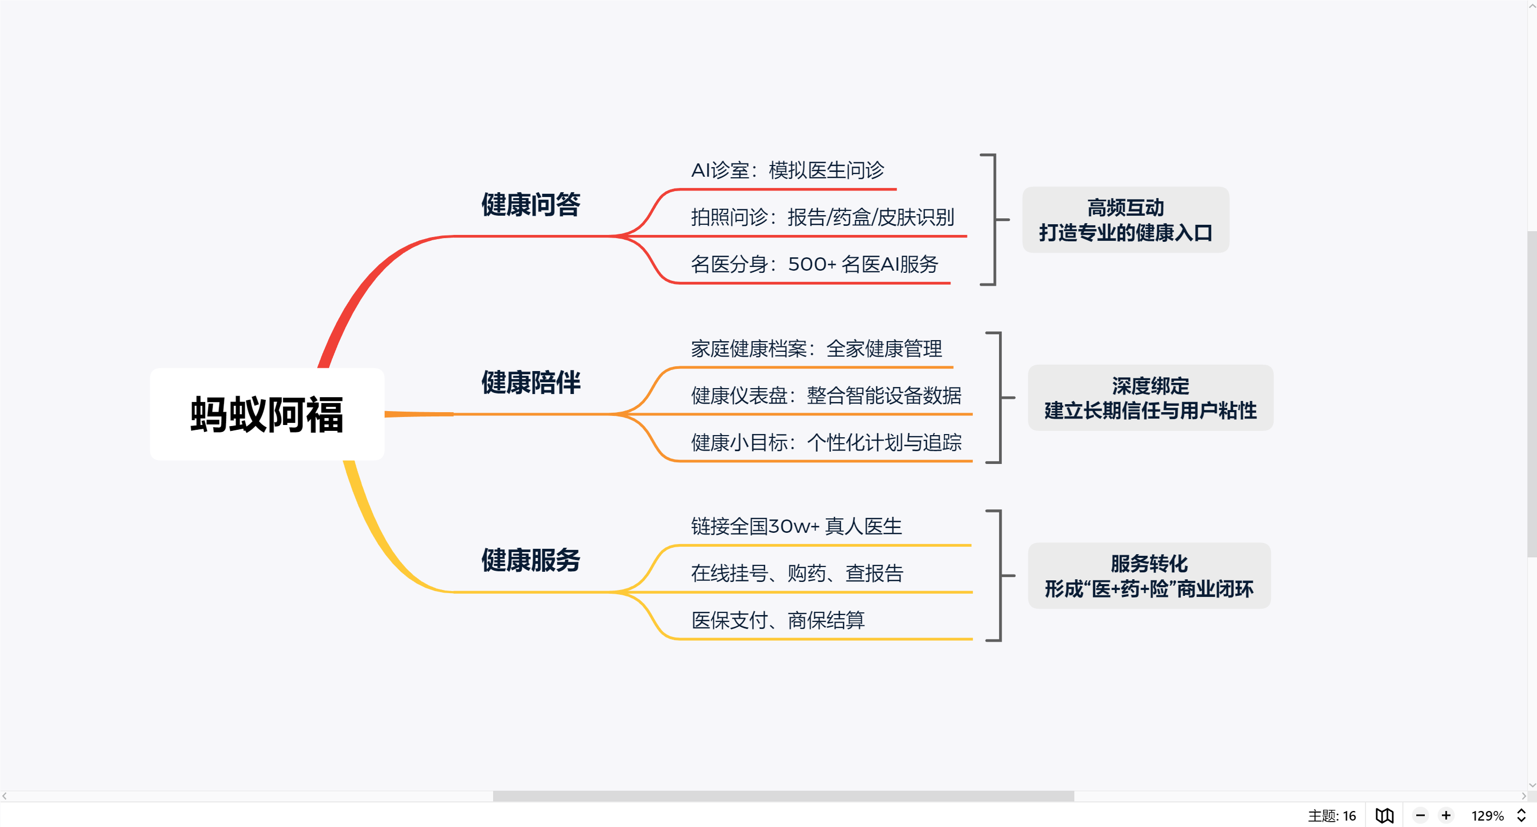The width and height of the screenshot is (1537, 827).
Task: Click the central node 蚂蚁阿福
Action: point(267,414)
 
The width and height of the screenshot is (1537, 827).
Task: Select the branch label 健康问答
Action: point(530,204)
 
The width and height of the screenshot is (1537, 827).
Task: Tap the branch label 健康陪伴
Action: point(530,382)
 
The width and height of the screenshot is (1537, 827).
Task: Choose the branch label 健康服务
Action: point(530,560)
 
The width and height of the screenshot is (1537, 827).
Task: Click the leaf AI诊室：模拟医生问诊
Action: point(787,170)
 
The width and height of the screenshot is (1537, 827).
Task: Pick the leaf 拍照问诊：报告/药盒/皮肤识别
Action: point(822,218)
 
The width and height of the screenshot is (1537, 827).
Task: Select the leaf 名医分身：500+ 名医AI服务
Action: point(814,264)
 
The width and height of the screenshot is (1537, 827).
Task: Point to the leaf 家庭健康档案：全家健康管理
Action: point(816,349)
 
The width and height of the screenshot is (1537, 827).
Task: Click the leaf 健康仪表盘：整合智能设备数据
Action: point(826,395)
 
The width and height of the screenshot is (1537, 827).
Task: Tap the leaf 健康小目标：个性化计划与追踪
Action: point(826,443)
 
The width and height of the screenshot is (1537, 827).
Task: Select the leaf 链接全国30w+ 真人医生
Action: point(796,526)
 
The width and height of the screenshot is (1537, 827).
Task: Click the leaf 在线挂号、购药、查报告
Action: point(797,573)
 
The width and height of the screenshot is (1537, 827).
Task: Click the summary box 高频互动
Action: point(1125,220)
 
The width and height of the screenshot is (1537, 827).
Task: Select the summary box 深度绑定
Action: point(1150,398)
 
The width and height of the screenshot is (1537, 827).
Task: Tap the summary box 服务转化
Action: point(1149,576)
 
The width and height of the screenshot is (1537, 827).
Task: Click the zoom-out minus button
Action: point(1420,815)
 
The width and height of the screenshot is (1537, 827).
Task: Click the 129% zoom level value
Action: point(1487,816)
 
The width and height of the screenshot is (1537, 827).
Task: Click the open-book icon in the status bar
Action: point(1384,815)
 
